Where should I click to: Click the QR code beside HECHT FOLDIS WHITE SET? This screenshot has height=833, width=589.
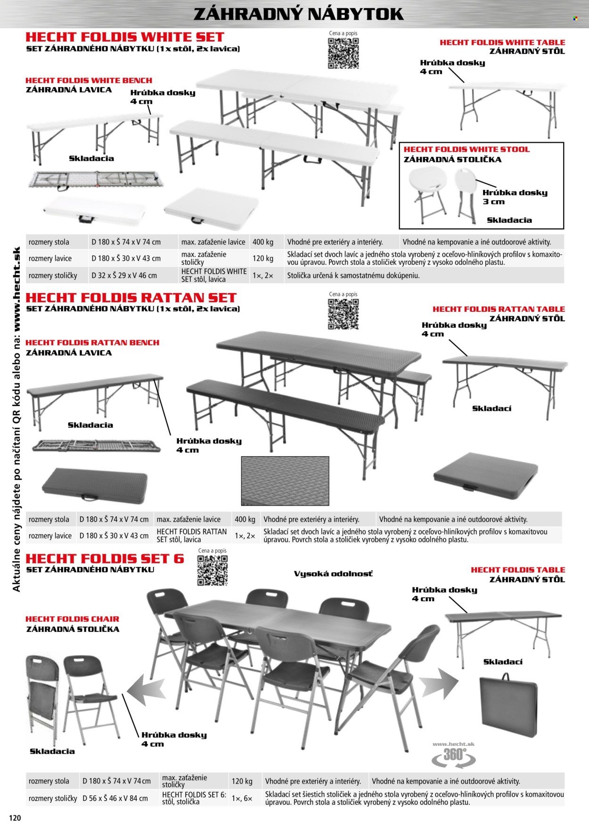click(343, 53)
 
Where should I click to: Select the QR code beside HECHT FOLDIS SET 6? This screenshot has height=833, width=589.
click(212, 570)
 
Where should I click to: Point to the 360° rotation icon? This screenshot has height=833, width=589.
click(453, 755)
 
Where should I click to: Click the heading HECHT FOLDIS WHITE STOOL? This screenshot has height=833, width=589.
click(466, 149)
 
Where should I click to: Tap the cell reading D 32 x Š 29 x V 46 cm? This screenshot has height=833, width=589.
click(124, 276)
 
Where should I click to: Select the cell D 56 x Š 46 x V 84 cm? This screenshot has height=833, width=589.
click(115, 798)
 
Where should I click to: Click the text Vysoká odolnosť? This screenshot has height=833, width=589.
click(333, 574)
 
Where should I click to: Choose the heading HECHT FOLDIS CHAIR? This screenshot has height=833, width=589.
click(72, 619)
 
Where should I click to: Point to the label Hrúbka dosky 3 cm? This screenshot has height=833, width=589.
click(515, 197)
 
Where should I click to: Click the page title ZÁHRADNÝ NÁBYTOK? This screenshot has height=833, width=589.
click(298, 14)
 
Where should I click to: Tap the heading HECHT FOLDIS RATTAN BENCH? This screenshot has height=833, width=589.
click(92, 343)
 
